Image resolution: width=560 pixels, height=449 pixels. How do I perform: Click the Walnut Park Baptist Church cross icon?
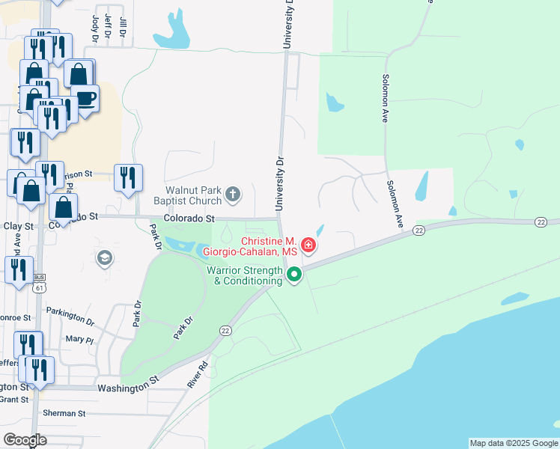click(x=233, y=195)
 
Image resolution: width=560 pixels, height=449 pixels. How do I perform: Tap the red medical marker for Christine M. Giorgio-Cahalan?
click(x=308, y=245)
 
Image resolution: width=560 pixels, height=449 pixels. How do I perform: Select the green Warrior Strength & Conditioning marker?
click(x=294, y=275)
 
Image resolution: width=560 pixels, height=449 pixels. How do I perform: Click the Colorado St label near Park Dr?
click(x=189, y=219)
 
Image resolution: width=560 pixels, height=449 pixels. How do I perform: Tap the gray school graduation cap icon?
click(x=105, y=259)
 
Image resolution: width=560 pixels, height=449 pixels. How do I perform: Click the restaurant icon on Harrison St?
click(x=127, y=178)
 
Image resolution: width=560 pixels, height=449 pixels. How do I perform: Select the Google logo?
click(x=25, y=439)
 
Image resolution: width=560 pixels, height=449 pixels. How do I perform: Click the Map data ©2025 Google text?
click(x=514, y=443)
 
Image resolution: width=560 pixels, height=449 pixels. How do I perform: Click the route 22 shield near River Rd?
click(x=225, y=330)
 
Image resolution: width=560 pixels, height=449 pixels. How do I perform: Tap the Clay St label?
click(x=18, y=226)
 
